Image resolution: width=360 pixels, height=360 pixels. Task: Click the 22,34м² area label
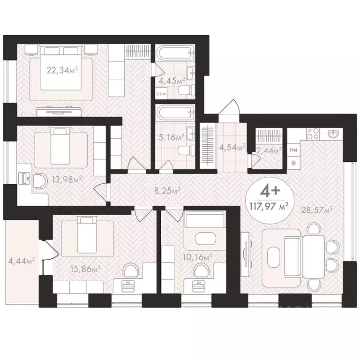(62, 71)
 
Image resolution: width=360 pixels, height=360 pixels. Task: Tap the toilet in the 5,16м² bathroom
(185, 150)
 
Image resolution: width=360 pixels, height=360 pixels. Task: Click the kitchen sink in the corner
(333, 134)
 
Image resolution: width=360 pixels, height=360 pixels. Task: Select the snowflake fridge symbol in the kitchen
(294, 163)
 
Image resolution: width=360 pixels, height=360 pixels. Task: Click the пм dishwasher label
(294, 150)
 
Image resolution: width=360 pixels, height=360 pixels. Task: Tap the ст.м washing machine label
(161, 95)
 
